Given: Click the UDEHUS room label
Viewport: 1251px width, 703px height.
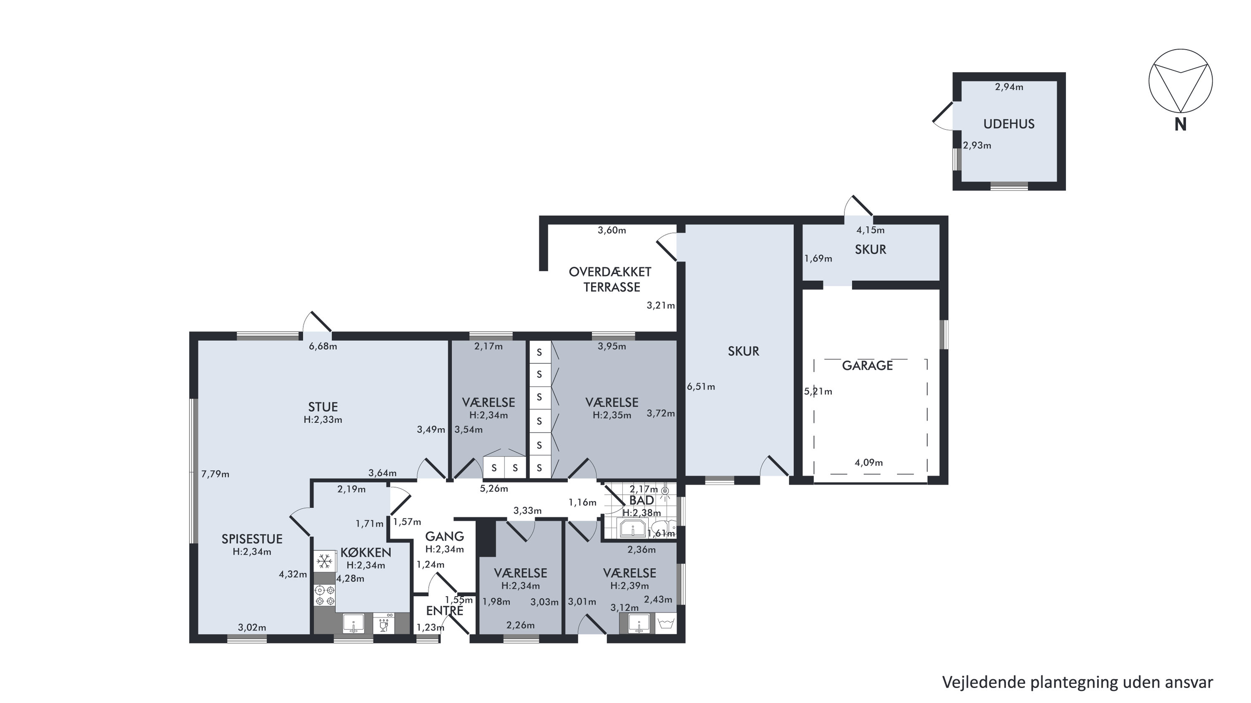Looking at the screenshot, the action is [x=1009, y=124].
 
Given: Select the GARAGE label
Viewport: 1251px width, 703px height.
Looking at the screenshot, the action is [x=867, y=365].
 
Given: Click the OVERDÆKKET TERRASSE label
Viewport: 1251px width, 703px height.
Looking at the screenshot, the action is [x=610, y=280].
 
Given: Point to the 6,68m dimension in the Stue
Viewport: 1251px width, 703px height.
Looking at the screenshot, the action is [x=323, y=346].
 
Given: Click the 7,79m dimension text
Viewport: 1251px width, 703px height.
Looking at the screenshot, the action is [x=215, y=474].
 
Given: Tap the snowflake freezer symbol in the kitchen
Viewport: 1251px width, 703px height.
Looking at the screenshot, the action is [x=325, y=562].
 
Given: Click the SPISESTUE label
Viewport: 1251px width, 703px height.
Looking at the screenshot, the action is [x=252, y=539].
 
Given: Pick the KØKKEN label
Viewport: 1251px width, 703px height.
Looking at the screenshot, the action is [x=366, y=552].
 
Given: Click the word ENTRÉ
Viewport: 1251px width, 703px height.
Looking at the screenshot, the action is [x=444, y=611].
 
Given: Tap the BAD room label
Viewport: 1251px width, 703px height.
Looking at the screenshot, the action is [x=642, y=500].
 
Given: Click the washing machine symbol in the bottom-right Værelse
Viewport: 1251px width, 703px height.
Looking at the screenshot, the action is [x=665, y=623].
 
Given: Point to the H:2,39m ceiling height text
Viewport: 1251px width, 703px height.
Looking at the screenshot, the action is [x=629, y=585].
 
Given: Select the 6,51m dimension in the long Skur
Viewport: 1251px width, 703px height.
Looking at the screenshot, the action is [x=701, y=387].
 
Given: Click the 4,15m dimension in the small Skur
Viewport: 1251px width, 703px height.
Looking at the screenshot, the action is [x=870, y=230].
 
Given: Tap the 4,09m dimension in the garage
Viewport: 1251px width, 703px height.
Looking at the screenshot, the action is [x=869, y=463].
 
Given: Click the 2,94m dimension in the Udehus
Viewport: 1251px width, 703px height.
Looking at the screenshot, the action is [x=1009, y=87].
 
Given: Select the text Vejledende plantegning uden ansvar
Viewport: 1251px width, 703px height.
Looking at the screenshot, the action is [x=1077, y=682].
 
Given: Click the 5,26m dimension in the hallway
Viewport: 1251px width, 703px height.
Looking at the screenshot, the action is [x=494, y=489].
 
